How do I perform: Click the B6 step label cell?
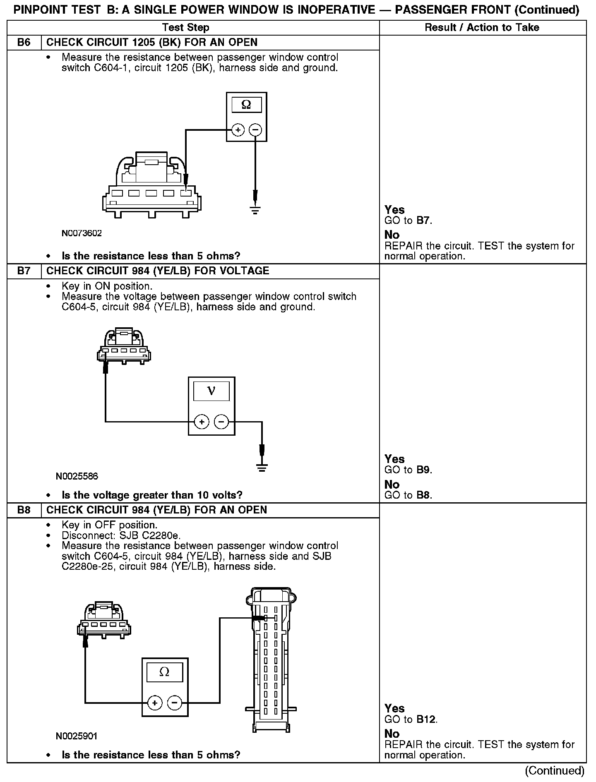pos(24,43)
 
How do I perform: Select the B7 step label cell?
pos(24,271)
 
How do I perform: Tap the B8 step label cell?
pos(24,510)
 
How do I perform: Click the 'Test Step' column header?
pos(186,28)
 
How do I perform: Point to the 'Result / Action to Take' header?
pos(482,28)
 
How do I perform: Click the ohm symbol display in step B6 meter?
pos(246,105)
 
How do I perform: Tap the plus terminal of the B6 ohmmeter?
pos(238,130)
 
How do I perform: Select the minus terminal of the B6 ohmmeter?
pos(255,130)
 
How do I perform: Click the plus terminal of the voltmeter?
pos(202,422)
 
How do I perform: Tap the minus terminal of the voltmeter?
pos(221,422)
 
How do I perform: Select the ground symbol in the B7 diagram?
pos(262,468)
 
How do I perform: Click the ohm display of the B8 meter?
pos(164,672)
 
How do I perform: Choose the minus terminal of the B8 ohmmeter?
pos(174,703)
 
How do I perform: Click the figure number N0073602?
pos(82,233)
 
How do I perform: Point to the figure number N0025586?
pos(77,477)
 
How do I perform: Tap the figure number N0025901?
pos(77,736)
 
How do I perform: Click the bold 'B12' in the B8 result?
pos(426,720)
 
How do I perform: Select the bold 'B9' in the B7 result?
pos(423,470)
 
